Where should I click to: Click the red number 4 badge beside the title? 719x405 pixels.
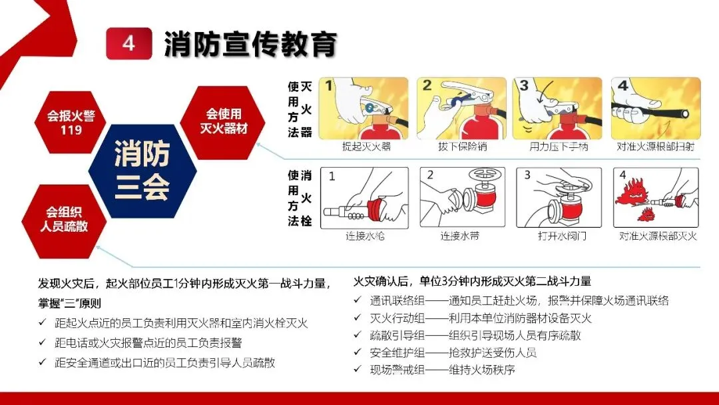(129, 43)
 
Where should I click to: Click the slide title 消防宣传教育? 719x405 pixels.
(250, 44)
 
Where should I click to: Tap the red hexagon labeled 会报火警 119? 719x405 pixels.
(71, 122)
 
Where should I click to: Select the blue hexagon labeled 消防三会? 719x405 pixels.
(142, 171)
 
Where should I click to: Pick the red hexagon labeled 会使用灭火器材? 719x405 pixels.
(223, 122)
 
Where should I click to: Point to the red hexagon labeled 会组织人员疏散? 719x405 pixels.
(64, 219)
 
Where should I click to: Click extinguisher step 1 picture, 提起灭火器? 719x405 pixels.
(363, 109)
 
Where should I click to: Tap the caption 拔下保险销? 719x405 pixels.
(462, 147)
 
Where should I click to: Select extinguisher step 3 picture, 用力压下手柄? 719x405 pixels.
(557, 109)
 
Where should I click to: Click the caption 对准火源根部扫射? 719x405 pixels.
(655, 147)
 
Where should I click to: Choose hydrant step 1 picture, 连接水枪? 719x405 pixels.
(364, 198)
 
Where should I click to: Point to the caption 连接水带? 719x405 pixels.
(460, 236)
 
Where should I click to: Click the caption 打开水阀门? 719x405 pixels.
(562, 236)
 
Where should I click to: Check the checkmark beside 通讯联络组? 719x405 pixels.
(358, 300)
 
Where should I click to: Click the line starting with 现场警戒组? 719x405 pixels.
(443, 370)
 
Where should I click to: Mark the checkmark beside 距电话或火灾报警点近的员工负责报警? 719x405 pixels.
(42, 342)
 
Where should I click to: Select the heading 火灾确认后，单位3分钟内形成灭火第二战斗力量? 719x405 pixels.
(472, 281)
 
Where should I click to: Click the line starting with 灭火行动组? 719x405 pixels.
(481, 318)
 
